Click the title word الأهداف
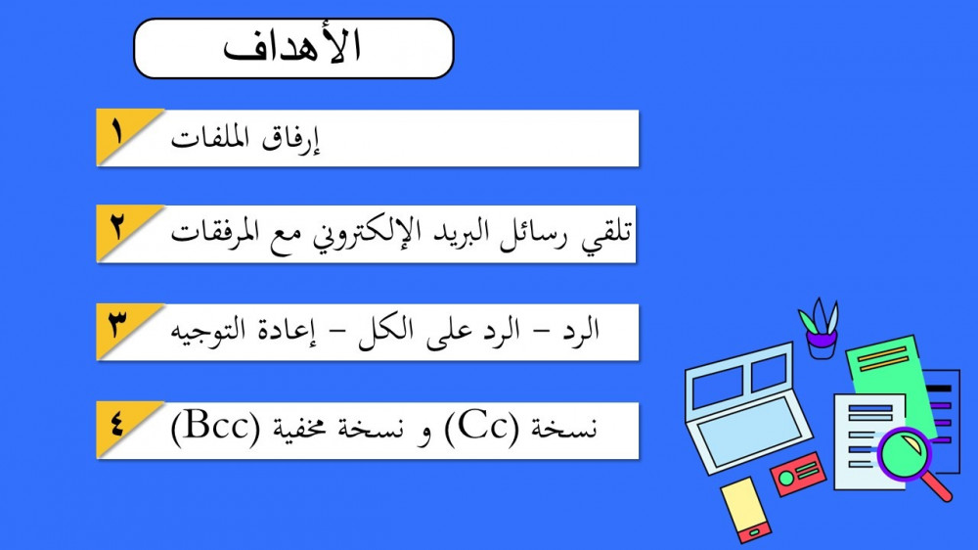click(x=291, y=47)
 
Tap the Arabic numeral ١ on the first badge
click(x=117, y=132)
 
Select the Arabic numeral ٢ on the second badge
click(x=117, y=227)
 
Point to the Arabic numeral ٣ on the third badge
click(x=117, y=325)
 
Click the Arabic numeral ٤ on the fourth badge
click(x=117, y=424)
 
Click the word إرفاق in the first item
click(x=290, y=139)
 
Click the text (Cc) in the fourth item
click(x=481, y=429)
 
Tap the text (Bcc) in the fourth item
click(x=215, y=429)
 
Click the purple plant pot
click(x=822, y=344)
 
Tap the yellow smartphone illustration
click(x=746, y=510)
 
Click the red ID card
click(x=798, y=474)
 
